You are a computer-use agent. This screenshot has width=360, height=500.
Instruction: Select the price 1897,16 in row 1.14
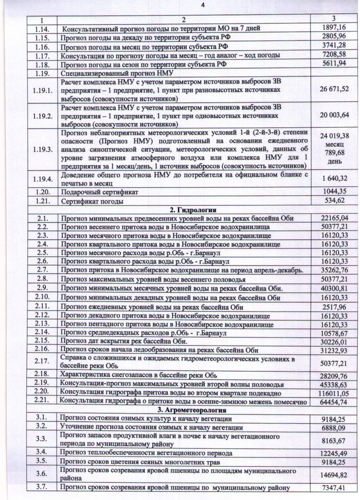click(x=334, y=28)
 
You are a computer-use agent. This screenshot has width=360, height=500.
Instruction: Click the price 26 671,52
click(x=334, y=88)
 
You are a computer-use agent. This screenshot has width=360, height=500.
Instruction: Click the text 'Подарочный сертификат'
click(x=99, y=192)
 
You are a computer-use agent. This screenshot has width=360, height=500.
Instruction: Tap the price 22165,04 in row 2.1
click(x=334, y=218)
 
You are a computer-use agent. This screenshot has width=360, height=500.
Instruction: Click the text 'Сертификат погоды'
click(x=92, y=201)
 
